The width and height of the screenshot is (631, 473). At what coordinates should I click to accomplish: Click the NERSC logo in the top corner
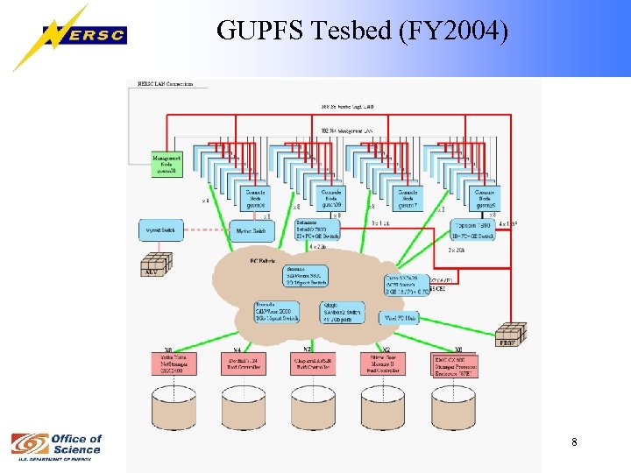[70, 37]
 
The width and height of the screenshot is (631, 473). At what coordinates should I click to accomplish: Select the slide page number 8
[574, 442]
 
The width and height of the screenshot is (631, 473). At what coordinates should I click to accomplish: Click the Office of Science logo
[58, 445]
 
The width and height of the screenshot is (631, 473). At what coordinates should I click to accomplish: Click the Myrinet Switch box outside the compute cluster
[162, 230]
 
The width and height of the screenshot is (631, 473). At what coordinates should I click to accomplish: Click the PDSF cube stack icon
[509, 334]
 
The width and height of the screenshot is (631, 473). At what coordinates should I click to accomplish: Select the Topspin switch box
[474, 229]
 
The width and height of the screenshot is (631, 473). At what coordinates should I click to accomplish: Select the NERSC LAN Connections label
[167, 84]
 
